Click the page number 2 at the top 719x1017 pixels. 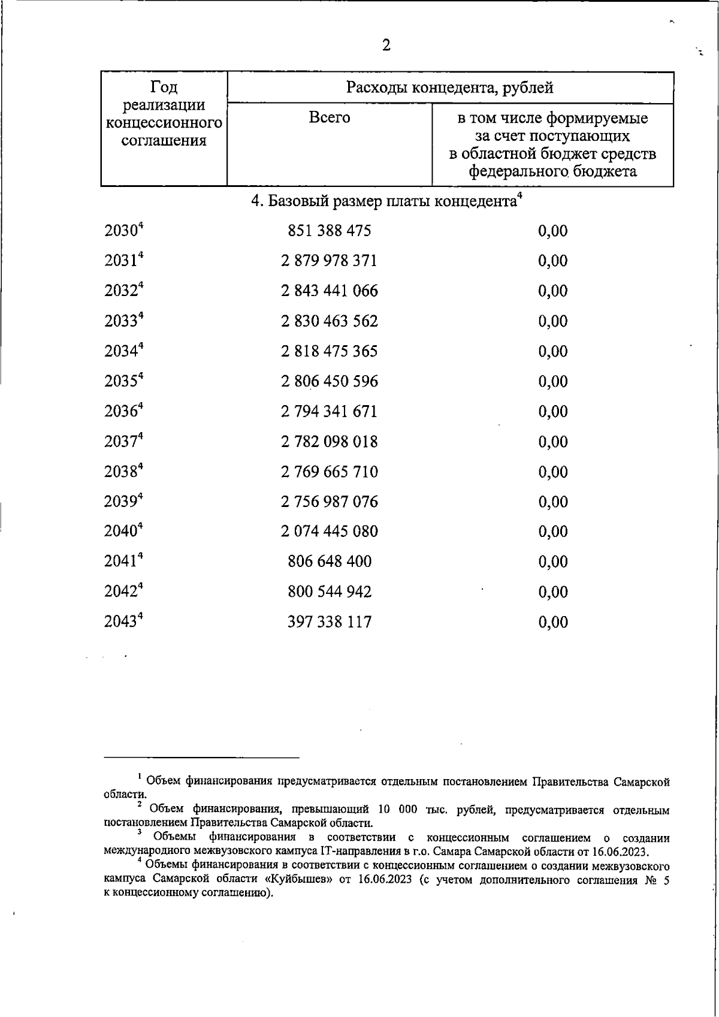coord(386,46)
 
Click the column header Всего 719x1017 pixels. coord(330,117)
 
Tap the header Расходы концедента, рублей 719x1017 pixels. coord(450,88)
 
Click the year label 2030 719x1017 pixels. coord(122,231)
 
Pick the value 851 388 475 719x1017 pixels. coord(330,231)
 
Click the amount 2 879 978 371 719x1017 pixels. coord(330,261)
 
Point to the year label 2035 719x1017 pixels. coord(122,382)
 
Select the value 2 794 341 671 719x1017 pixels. coord(330,412)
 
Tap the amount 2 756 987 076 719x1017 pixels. coord(330,502)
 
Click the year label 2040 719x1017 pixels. coord(122,532)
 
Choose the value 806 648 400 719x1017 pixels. coord(330,562)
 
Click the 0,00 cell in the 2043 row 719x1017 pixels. coord(553,622)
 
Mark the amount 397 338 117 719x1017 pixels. coord(330,622)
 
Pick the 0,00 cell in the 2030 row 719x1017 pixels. coord(553,231)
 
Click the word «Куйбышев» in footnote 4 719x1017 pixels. coord(289,880)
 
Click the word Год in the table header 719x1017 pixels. coord(164,87)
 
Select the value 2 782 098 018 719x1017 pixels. coord(330,442)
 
